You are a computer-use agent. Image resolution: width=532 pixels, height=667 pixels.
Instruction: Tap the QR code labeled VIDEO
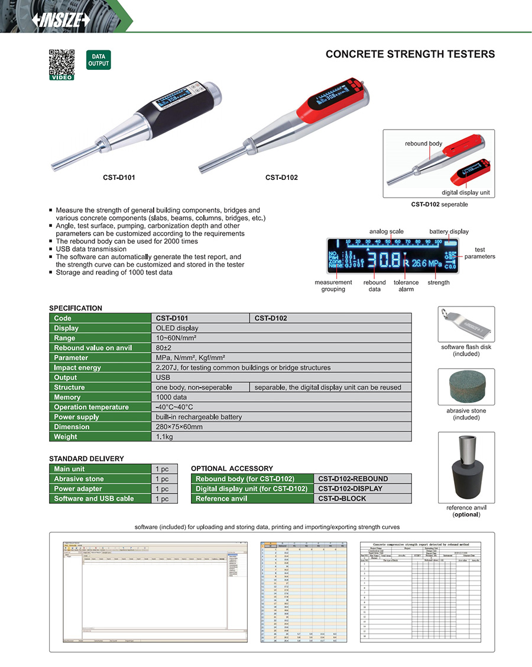coord(61,63)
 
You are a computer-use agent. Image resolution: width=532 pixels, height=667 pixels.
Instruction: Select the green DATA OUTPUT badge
coord(98,60)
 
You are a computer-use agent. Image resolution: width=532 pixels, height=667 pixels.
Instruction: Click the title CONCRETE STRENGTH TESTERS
coord(410,54)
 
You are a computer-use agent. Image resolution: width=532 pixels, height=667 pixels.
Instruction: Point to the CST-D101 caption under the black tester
coord(118,177)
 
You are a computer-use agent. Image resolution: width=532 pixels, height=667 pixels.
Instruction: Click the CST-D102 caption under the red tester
coord(281,177)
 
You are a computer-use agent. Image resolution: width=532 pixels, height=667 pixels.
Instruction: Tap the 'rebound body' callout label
coord(423,144)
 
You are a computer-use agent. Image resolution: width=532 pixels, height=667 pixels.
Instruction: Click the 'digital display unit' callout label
coord(465,192)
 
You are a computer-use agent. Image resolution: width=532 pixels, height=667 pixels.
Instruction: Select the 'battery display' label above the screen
coord(449,231)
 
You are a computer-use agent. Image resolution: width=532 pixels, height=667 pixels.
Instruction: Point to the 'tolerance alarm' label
coord(406,286)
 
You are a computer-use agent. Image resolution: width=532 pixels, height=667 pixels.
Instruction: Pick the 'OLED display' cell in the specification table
coord(177,328)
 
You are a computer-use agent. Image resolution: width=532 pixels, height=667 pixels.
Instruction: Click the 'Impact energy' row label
coord(77,368)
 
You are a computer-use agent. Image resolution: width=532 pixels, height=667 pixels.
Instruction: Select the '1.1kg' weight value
coord(165,437)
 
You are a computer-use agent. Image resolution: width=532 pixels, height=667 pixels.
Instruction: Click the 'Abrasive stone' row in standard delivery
coord(79,479)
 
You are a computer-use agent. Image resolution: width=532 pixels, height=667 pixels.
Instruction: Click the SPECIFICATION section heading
coord(76,308)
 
